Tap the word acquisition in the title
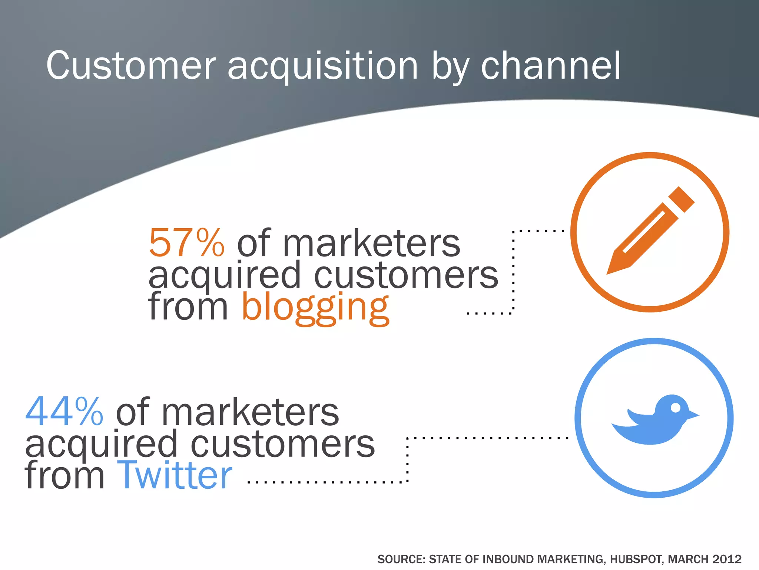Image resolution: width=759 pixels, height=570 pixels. coord(323,67)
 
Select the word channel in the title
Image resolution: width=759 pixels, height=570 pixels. coord(550,66)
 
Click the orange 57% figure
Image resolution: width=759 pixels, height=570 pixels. coord(186,243)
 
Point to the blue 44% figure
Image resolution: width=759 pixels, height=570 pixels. coord(64,412)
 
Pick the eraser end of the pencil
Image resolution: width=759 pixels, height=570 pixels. coord(682,199)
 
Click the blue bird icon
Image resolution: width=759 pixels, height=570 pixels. coord(654,419)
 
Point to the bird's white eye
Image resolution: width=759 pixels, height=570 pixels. coord(676,408)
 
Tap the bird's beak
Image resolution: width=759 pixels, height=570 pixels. coord(693,415)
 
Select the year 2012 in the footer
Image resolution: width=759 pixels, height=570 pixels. coord(727,559)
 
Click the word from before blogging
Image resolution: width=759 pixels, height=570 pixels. coord(188,307)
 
